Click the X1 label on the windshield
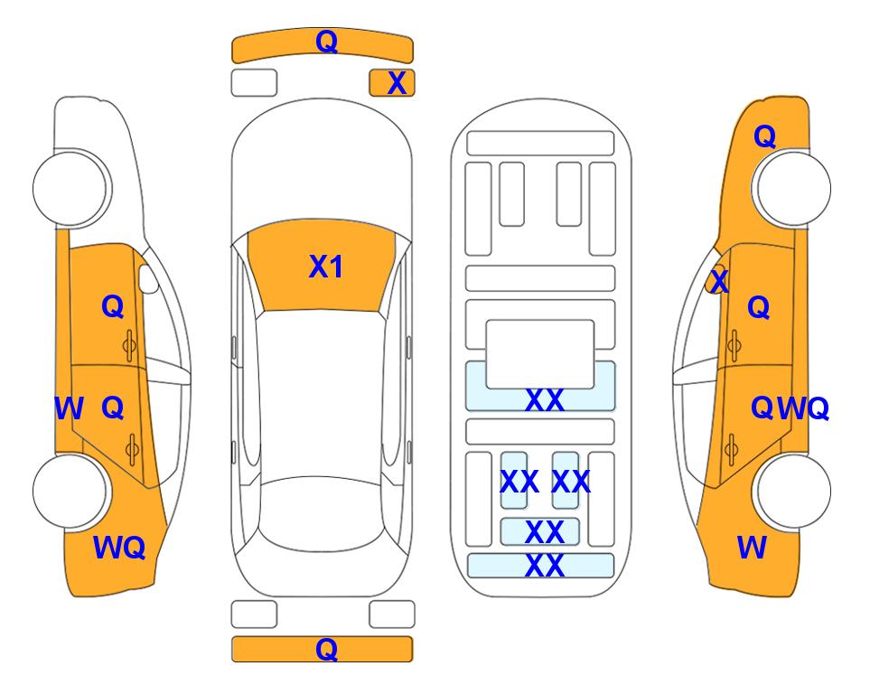tap(326, 267)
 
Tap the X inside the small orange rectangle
tap(397, 83)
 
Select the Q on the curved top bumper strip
tap(326, 42)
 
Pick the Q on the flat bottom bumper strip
tap(326, 649)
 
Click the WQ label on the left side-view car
tap(119, 548)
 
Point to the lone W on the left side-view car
tap(69, 408)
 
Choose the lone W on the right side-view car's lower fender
tap(752, 548)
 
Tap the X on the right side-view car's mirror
tap(719, 280)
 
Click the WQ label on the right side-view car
tap(803, 408)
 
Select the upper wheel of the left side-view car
tap(70, 188)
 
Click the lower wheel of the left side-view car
tap(70, 492)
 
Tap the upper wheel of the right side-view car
tap(793, 188)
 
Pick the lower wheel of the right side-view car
tap(793, 492)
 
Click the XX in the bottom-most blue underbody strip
tap(544, 566)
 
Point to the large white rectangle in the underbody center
tap(540, 354)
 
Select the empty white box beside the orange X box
tap(254, 83)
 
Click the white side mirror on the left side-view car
tap(148, 278)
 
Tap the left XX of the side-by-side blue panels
tap(519, 482)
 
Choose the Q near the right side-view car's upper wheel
tap(764, 136)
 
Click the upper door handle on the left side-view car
tap(130, 345)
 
